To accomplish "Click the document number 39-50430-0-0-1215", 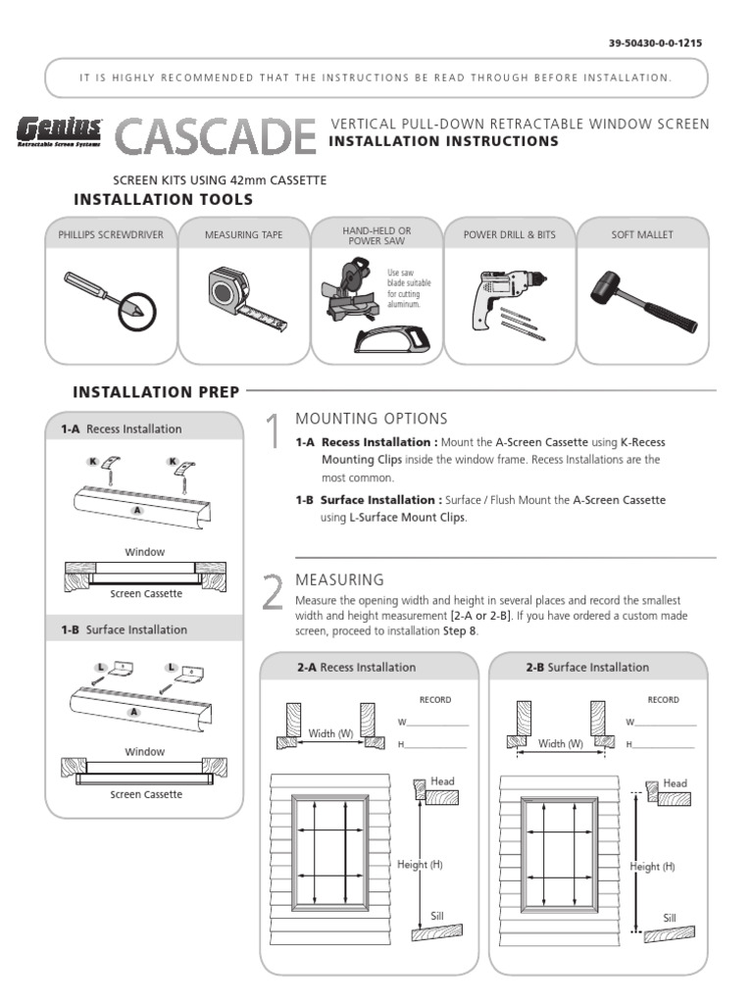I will pos(655,43).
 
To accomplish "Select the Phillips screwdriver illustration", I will pos(110,300).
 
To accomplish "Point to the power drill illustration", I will pos(504,300).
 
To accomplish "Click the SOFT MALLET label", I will pos(642,235).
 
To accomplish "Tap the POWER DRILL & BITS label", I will pos(509,235).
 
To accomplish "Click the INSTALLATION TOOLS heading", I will pos(164,200).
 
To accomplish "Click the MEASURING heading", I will pos(339,579).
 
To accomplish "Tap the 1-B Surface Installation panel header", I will pos(124,629).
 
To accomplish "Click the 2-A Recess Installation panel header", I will pos(357,667).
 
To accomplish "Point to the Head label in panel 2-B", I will pos(675,783).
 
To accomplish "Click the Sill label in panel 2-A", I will pos(437,916).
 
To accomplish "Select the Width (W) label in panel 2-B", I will pos(562,744).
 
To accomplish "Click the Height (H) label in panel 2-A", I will pos(420,864).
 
